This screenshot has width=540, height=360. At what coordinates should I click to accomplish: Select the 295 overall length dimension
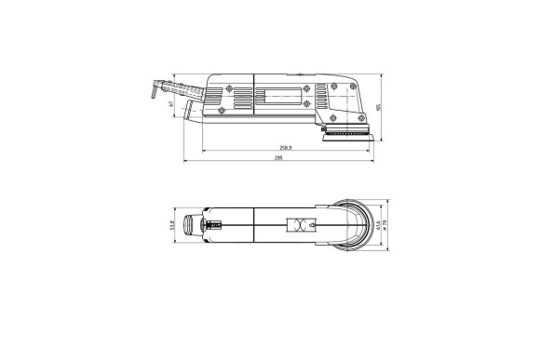tap(278, 159)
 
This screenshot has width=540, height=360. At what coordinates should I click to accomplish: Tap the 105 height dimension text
tap(380, 106)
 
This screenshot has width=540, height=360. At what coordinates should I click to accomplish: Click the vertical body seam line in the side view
tap(254, 98)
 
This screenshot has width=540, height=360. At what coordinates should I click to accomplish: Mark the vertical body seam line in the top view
tap(254, 225)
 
